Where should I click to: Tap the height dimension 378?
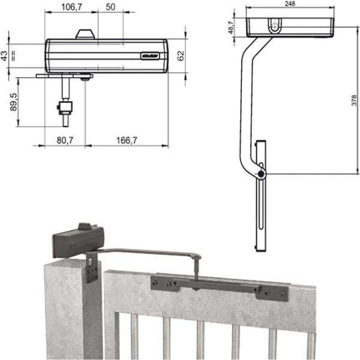[351, 119]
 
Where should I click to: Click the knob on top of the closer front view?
[84, 35]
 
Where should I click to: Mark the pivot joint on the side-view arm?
[265, 173]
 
